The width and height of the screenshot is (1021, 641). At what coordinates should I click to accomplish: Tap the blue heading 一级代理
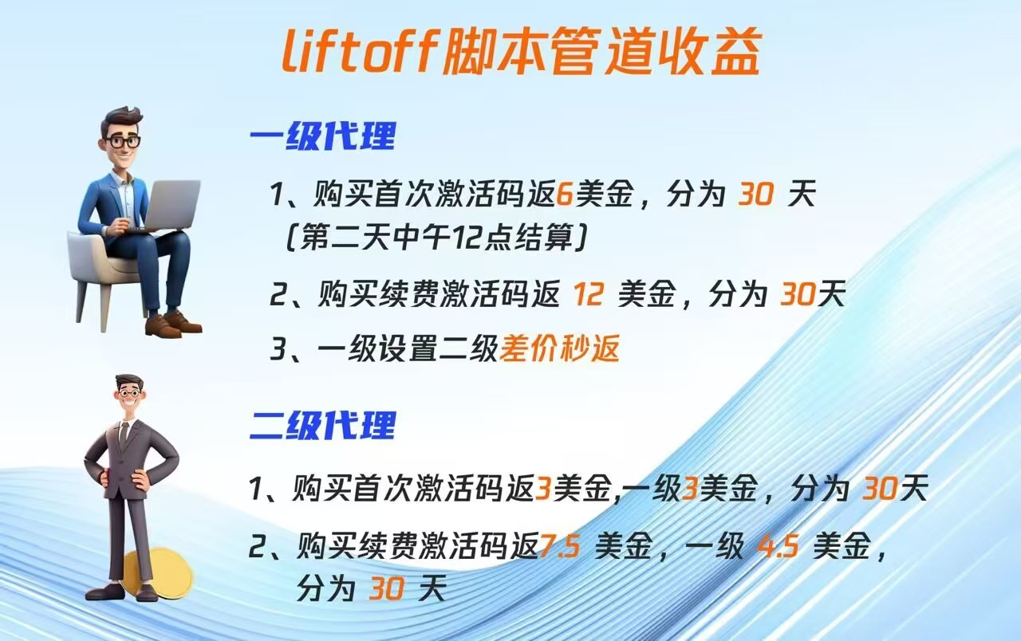(323, 136)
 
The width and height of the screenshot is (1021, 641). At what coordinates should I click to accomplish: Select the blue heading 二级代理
(323, 425)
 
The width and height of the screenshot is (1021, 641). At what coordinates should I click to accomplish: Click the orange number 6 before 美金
(565, 194)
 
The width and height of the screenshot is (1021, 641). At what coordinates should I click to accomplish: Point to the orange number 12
(589, 294)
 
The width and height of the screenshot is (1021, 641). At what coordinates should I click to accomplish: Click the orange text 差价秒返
(560, 349)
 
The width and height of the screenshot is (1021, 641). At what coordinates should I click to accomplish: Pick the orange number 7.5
(560, 546)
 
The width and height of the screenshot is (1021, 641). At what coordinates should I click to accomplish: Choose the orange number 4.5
(778, 546)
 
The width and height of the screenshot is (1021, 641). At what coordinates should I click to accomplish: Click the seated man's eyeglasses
(124, 142)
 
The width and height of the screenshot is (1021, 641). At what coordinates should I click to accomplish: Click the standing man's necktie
(124, 435)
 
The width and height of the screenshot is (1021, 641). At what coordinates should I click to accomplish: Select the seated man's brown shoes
(173, 324)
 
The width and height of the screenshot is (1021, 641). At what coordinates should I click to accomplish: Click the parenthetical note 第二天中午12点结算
(436, 238)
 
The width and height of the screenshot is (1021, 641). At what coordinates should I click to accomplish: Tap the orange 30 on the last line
(387, 588)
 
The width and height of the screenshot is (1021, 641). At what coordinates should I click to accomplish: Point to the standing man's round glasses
(128, 393)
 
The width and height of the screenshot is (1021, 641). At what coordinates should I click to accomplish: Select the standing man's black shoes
(121, 592)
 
